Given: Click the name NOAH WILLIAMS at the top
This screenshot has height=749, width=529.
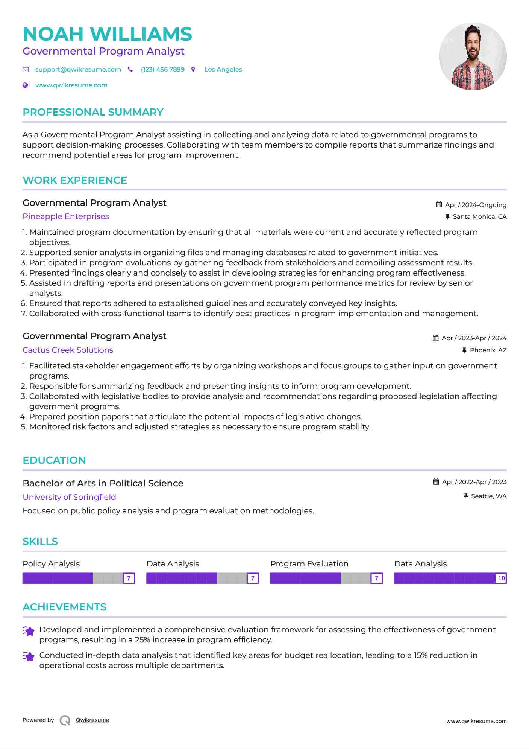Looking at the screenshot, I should pos(107,34).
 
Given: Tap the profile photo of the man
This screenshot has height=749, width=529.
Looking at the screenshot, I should pos(473,56).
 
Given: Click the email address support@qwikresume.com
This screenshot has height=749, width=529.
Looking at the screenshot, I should pos(78,70).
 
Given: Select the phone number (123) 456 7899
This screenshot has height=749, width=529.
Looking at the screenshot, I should pos(162,70).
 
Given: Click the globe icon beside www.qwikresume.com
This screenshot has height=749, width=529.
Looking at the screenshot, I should pos(25,85).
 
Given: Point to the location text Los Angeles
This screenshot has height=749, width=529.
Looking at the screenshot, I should pos(223,70).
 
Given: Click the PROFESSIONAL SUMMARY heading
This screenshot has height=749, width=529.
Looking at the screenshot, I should pos(93,112).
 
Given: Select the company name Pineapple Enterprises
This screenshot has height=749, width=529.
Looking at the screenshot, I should pos(66,216).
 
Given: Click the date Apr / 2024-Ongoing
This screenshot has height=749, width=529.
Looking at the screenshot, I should pos(475,205).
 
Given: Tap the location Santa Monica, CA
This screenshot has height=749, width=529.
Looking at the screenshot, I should pos(479,217).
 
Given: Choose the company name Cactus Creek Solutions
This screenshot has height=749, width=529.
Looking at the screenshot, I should pos(68,350).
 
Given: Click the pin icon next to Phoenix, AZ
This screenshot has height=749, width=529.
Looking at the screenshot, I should pos(464,350).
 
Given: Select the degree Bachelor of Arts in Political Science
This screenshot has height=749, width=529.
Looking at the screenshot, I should pos(103,483).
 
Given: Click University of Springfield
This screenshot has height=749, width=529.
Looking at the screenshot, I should pos(69,497).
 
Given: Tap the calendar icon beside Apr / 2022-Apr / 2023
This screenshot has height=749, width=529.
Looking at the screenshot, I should pos(436,482).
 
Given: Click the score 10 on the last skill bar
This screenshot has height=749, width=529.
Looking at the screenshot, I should pos(501,578).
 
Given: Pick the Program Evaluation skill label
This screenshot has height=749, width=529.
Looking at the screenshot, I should pos(309,564).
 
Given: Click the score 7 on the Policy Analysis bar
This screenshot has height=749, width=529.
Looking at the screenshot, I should pos(129,578).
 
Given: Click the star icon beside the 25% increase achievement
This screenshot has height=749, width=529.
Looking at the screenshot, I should pos(29,631).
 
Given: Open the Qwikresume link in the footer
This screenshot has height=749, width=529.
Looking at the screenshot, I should pos(92,720).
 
